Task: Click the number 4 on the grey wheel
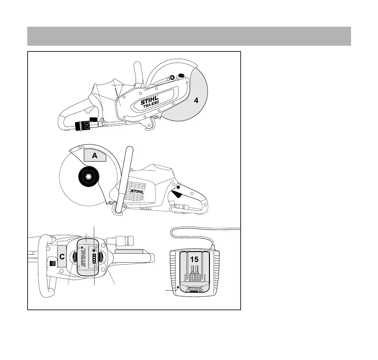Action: (197, 101)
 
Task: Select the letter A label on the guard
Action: (94, 156)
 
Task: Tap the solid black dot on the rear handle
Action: (178, 188)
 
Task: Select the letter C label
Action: (62, 257)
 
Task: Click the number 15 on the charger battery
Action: (194, 259)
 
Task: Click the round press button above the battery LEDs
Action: (94, 251)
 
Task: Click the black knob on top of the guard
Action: (182, 76)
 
